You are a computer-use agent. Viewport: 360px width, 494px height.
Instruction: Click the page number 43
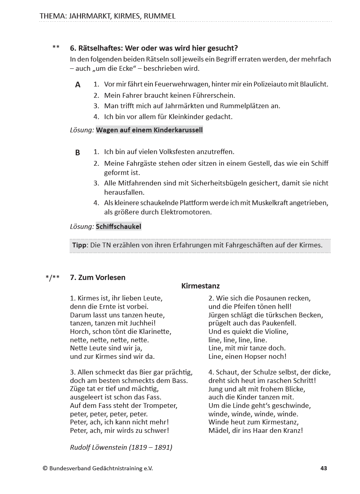click(324, 468)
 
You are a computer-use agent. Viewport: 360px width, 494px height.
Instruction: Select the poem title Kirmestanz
click(200, 286)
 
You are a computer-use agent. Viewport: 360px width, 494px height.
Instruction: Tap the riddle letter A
click(78, 84)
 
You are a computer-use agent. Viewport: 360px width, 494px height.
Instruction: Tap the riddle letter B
click(78, 152)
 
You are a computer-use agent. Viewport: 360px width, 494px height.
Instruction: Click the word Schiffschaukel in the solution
click(119, 226)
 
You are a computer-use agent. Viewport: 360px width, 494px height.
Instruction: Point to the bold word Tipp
click(79, 245)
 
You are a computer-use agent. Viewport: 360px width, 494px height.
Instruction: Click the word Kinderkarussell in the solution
click(179, 130)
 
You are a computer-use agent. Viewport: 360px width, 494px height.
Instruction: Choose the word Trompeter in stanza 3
click(161, 405)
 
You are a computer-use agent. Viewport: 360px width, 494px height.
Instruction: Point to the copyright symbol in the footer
click(45, 468)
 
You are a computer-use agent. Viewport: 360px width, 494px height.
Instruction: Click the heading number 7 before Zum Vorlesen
click(72, 277)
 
